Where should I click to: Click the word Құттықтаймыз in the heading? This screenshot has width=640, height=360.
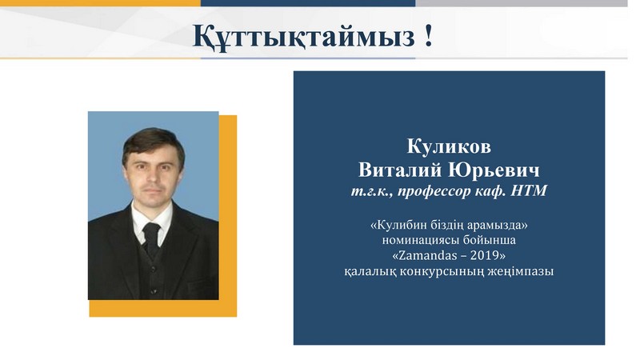click(x=304, y=36)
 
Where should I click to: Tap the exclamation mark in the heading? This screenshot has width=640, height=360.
click(x=428, y=35)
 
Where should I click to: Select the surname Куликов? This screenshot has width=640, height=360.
click(x=449, y=146)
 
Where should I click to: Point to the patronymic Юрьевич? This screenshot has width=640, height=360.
click(x=494, y=170)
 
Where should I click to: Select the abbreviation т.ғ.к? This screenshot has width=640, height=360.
click(x=372, y=191)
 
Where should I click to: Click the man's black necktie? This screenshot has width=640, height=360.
click(x=151, y=238)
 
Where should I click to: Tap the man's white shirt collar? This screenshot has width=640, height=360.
click(x=151, y=221)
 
